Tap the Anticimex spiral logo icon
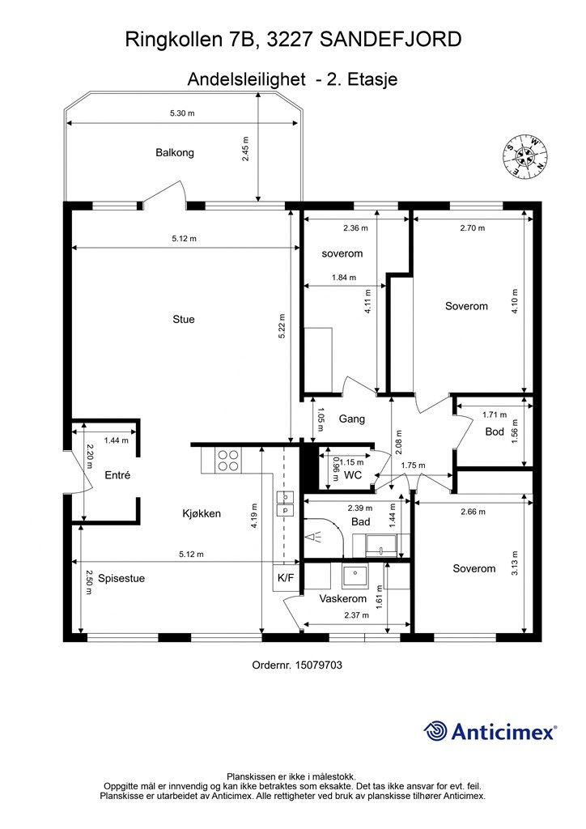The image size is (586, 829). (x=435, y=731)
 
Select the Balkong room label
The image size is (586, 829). (x=175, y=153)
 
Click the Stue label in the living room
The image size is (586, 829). (x=184, y=319)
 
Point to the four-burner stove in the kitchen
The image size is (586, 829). (x=227, y=460)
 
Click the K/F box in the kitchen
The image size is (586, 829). (x=286, y=578)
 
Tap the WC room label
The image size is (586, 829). (x=353, y=474)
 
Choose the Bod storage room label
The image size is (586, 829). (x=495, y=432)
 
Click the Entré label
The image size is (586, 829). (x=117, y=475)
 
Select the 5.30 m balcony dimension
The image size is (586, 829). (x=182, y=113)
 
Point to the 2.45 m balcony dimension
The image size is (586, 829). (x=246, y=149)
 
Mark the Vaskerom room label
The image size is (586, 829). (x=343, y=599)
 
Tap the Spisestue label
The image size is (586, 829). (x=121, y=578)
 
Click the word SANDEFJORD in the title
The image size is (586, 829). (x=391, y=40)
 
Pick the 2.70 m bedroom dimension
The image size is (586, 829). (x=473, y=228)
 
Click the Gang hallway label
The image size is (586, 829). (x=352, y=419)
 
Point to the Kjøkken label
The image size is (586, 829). (x=202, y=513)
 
